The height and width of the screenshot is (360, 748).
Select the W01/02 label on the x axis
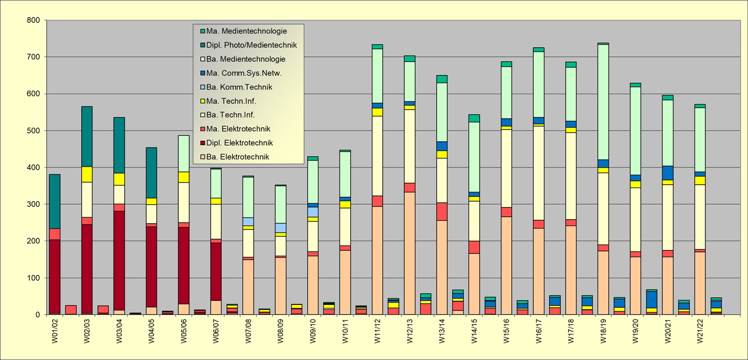click(55, 332)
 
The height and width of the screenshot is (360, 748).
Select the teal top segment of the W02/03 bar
click(87, 136)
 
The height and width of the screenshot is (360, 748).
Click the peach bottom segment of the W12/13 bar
click(410, 253)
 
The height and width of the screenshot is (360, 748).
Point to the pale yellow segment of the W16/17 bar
click(539, 187)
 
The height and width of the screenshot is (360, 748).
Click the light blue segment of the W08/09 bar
click(280, 227)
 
